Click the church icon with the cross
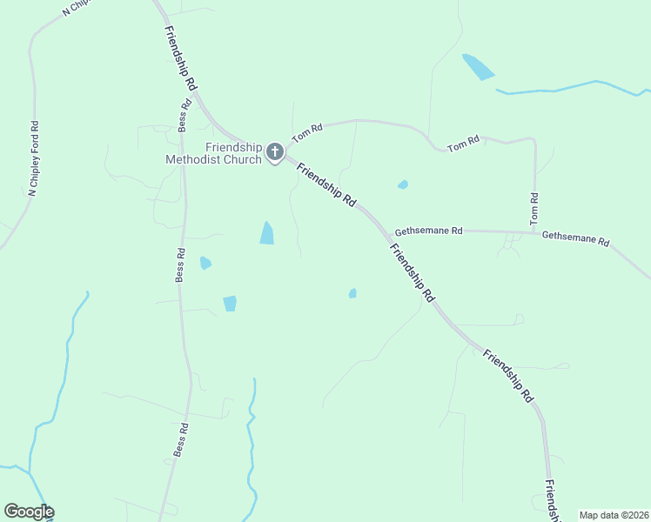click(x=274, y=153)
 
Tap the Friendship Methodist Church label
click(x=214, y=153)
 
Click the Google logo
click(x=29, y=512)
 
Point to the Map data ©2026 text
click(x=614, y=515)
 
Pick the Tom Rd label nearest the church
click(x=307, y=132)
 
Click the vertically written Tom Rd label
click(x=534, y=210)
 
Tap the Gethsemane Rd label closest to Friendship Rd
click(x=428, y=231)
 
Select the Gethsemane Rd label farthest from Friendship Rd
click(x=575, y=238)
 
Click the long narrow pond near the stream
click(x=478, y=67)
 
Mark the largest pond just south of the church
click(x=266, y=233)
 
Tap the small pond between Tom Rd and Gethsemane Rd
click(x=402, y=184)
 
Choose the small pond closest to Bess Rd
click(x=205, y=263)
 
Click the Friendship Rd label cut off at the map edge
click(x=552, y=499)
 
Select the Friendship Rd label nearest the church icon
click(x=326, y=184)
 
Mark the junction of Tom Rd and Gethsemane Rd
click(x=534, y=232)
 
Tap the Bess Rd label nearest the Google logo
click(x=181, y=440)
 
